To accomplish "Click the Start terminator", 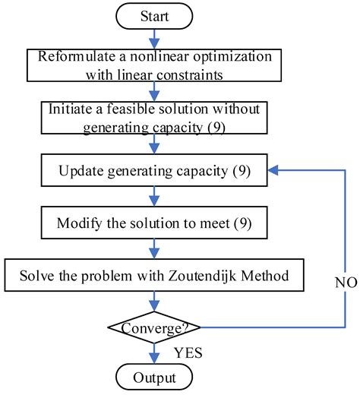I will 156,15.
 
